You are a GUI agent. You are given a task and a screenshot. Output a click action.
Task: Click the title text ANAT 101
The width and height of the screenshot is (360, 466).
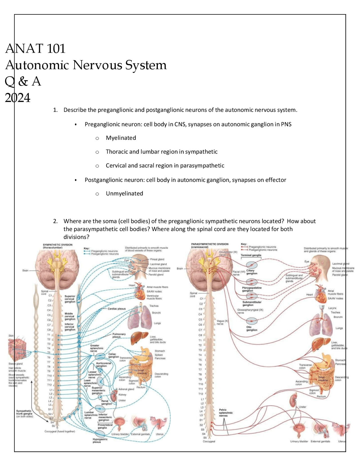(x=35, y=49)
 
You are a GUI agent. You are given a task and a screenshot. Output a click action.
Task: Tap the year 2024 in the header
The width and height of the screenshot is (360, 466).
(x=18, y=98)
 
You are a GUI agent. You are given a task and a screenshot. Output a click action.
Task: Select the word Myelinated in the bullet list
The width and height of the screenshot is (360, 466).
(x=121, y=138)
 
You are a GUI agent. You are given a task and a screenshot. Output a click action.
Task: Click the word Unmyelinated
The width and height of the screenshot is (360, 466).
(x=124, y=194)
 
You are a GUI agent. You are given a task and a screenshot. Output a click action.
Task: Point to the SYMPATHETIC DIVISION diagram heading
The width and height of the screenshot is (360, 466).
(x=58, y=246)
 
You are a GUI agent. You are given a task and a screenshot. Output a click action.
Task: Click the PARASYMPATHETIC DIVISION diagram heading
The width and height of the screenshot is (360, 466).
(x=210, y=245)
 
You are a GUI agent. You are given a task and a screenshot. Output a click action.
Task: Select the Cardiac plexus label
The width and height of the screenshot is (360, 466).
(x=116, y=309)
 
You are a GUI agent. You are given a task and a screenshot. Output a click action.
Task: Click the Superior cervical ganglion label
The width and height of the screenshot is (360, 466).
(x=70, y=299)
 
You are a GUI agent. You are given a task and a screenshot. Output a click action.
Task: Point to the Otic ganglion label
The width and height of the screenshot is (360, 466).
(x=251, y=328)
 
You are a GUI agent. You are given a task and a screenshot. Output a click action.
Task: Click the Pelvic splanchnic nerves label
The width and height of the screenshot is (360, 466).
(x=226, y=413)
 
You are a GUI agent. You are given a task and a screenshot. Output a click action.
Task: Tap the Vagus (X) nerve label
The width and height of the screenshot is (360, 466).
(x=222, y=322)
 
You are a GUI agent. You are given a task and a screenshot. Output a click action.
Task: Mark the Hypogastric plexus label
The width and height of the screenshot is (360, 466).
(x=100, y=440)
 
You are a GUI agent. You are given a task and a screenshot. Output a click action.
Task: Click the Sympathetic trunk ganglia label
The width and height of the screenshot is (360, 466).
(x=24, y=414)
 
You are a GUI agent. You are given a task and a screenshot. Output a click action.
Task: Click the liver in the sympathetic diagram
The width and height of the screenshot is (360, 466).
(x=139, y=338)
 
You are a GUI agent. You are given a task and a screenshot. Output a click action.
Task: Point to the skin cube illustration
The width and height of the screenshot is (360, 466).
(x=17, y=350)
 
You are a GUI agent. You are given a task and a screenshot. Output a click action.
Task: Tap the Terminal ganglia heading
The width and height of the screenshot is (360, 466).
(x=251, y=255)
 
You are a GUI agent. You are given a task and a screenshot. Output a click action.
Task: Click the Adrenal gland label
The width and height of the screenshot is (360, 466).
(x=126, y=389)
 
